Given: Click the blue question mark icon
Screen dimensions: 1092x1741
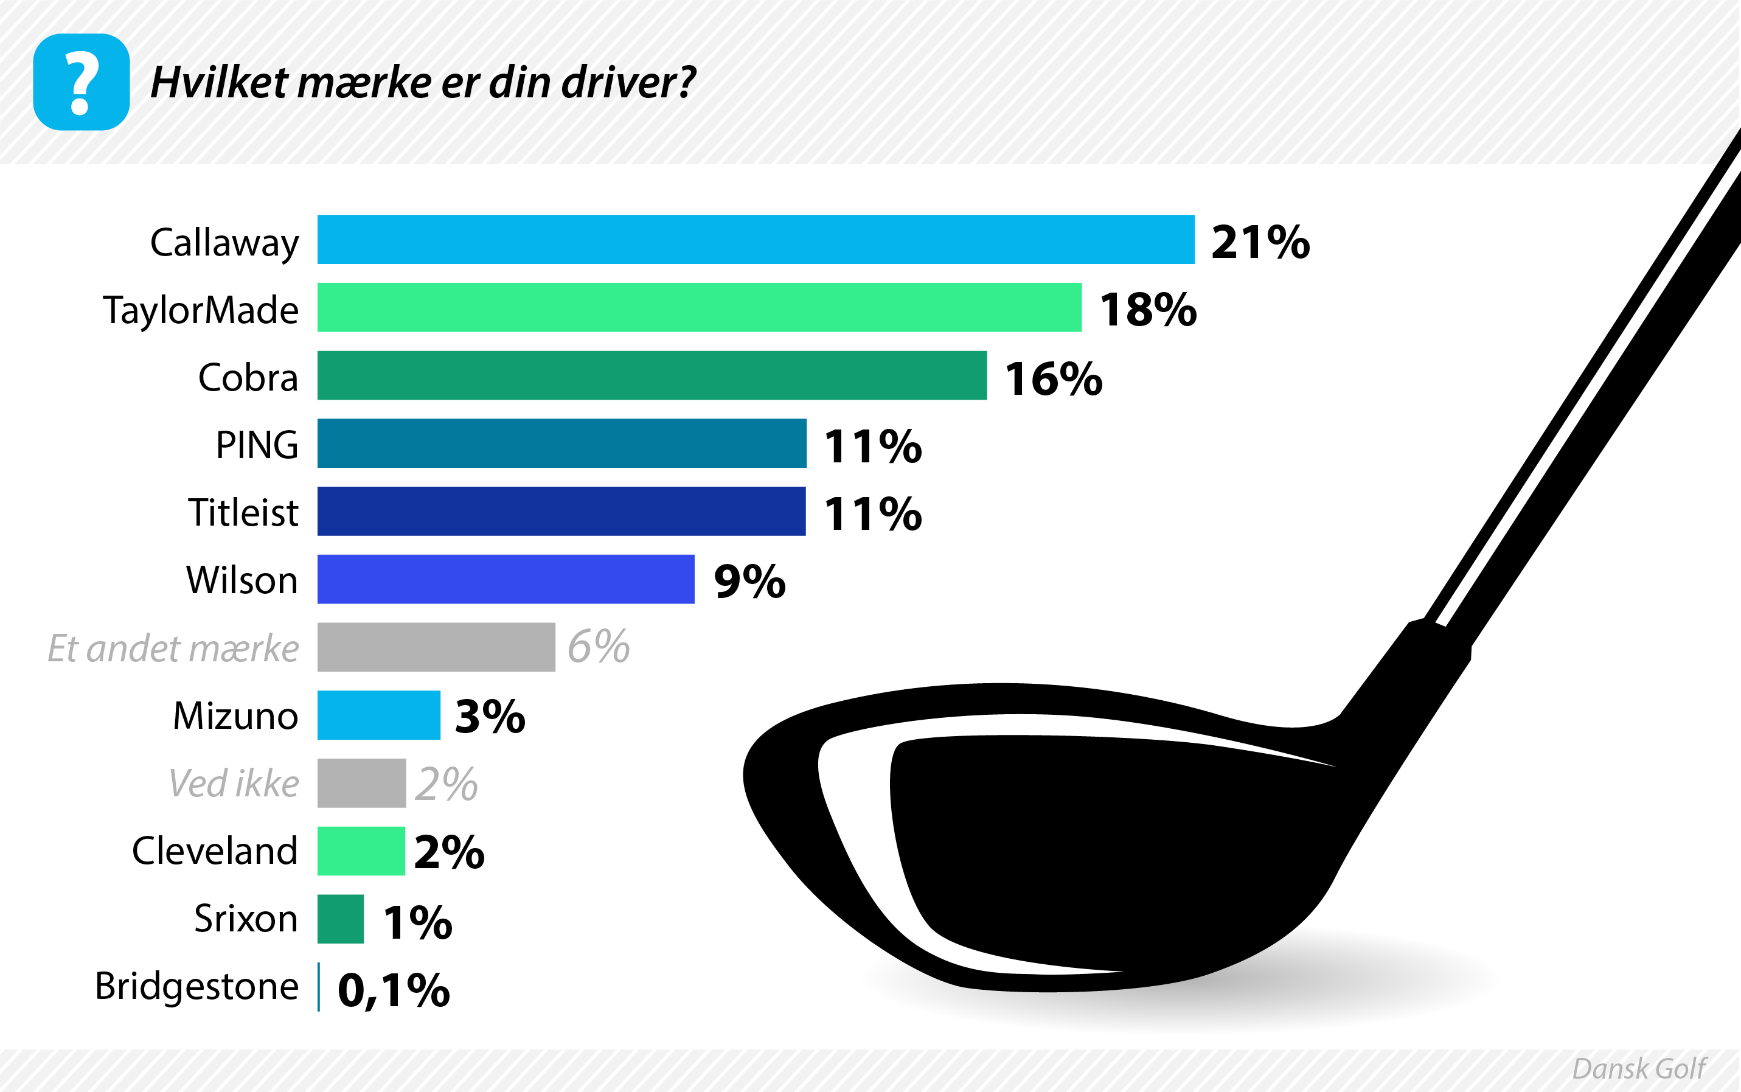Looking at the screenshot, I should [81, 82].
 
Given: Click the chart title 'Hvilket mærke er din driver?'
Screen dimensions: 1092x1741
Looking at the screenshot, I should [422, 82].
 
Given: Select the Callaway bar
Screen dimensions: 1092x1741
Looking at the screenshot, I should [756, 239].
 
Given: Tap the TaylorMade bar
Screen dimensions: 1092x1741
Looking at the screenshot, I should [699, 307].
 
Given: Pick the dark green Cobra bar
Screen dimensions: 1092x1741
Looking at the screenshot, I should [652, 375].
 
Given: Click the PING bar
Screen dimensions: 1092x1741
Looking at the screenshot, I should [561, 443].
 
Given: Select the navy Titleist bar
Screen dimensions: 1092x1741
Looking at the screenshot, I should [561, 510].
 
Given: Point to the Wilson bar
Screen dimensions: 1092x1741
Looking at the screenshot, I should [506, 579].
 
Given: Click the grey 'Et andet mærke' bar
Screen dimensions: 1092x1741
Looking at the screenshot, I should [436, 647].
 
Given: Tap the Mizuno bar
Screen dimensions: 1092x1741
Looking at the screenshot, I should [378, 715].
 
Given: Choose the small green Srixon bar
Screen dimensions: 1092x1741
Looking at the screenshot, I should [340, 919].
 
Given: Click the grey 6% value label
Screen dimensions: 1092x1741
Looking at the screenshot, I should [598, 647].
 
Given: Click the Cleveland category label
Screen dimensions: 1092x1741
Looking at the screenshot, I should [215, 850].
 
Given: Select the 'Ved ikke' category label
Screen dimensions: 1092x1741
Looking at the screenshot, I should [233, 783].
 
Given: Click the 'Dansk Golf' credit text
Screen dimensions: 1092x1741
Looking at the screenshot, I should [1638, 1068].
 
